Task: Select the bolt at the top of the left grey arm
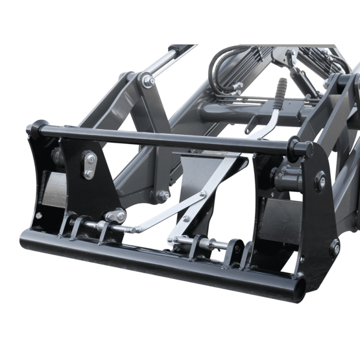tap(149, 81)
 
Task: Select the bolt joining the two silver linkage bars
tap(202, 195)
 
